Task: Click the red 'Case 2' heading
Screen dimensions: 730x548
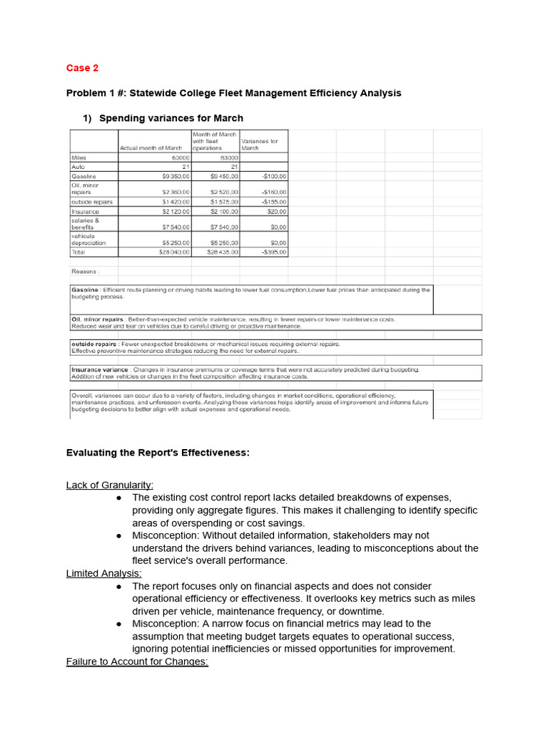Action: (82, 68)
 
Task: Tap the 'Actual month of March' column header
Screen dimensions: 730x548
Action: (154, 148)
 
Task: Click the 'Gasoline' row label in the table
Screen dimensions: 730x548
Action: (83, 175)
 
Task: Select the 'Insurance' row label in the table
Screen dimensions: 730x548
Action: (85, 211)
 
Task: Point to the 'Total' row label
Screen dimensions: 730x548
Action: (78, 252)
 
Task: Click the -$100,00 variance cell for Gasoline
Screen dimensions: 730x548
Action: (273, 175)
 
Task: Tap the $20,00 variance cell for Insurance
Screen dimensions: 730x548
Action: (277, 211)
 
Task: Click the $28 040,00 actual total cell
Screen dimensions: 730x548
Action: (171, 252)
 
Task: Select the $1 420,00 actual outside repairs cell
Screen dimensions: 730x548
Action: (171, 202)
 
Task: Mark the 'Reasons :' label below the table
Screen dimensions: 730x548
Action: (86, 271)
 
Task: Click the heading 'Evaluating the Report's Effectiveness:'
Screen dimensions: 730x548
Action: (158, 453)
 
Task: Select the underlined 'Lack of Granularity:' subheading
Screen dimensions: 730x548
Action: (110, 485)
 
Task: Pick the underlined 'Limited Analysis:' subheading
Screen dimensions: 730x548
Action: (103, 572)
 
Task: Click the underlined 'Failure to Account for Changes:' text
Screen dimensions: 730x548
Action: (137, 661)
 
